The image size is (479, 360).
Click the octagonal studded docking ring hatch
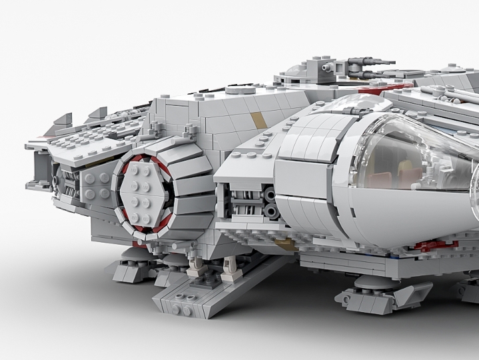click(144, 193)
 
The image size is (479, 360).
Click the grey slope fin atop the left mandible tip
click(61, 119)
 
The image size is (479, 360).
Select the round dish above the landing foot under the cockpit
click(370, 281)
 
